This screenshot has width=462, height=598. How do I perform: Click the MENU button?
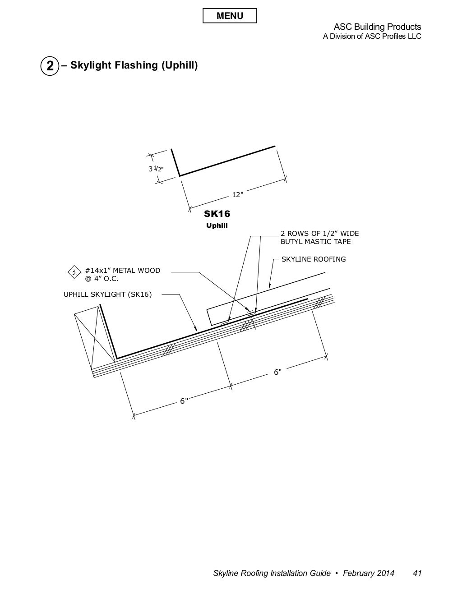click(230, 16)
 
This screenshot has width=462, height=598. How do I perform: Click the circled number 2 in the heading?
click(50, 66)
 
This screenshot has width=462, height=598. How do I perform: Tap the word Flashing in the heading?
click(136, 65)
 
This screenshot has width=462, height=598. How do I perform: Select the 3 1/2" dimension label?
click(156, 169)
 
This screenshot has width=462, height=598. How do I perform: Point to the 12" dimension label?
click(238, 195)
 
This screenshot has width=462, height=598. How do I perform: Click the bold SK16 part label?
click(217, 214)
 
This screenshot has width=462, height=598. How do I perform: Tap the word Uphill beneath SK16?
click(217, 225)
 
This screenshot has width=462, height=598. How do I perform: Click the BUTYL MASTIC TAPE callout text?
click(315, 242)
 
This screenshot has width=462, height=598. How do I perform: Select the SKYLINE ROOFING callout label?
click(314, 259)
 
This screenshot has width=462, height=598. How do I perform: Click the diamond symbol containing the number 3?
click(74, 272)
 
